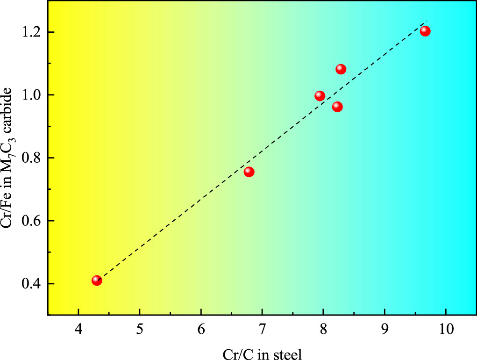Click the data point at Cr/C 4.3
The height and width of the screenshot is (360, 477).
97,281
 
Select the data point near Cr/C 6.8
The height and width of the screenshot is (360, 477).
249,172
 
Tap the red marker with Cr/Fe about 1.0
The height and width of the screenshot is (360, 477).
320,96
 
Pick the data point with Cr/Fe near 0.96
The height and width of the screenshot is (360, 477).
337,107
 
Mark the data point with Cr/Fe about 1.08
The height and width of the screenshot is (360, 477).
341,69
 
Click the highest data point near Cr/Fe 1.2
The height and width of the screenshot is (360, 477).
425,31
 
